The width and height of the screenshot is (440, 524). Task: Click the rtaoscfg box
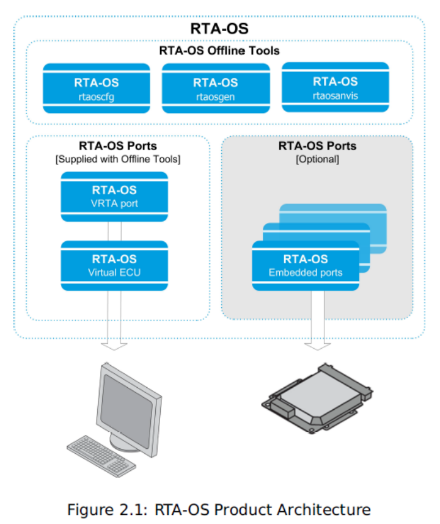(x=97, y=88)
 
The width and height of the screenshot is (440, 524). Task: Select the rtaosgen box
(x=215, y=88)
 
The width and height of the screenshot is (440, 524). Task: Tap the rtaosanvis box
(x=335, y=87)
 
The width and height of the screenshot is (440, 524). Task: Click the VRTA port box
(x=114, y=196)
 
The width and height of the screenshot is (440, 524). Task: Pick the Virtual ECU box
(x=114, y=265)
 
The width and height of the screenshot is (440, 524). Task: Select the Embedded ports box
(x=306, y=265)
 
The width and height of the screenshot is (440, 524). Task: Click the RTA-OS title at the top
(x=220, y=29)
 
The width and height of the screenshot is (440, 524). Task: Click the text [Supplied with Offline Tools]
(x=118, y=159)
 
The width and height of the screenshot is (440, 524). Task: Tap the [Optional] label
(x=317, y=159)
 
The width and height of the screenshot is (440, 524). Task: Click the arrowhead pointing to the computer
(x=114, y=345)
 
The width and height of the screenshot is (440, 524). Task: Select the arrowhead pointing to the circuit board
(x=317, y=345)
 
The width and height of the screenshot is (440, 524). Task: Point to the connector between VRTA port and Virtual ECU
(x=114, y=231)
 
